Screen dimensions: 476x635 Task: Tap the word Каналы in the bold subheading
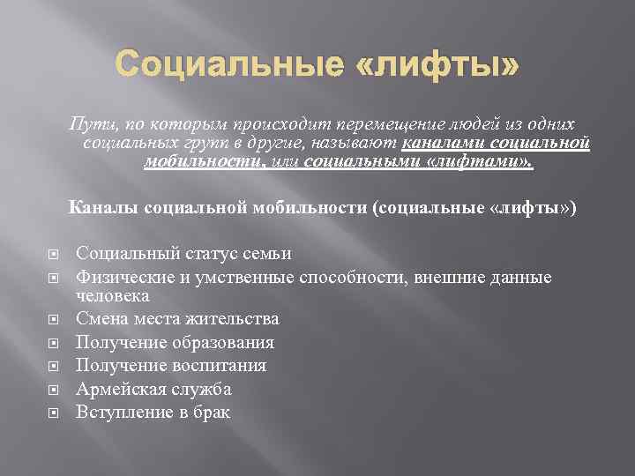pos(123,208)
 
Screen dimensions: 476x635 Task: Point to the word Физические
pos(122,277)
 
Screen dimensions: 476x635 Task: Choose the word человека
pos(112,296)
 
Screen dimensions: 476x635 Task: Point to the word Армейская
pos(116,388)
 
